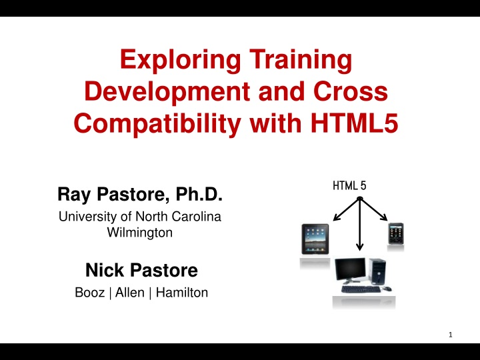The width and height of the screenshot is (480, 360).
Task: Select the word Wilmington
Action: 140,233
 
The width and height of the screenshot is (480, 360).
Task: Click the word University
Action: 84,217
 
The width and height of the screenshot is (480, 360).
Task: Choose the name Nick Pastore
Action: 141,270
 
